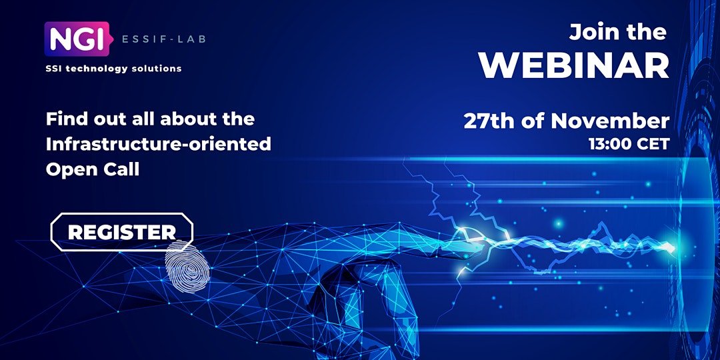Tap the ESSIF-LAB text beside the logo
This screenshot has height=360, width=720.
[x=163, y=39]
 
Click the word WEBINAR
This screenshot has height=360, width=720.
[x=574, y=66]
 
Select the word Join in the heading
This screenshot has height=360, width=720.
[x=591, y=32]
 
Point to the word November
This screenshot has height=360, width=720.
[x=610, y=121]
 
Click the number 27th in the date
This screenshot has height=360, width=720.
[x=490, y=121]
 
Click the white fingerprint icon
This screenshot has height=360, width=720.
[x=187, y=266]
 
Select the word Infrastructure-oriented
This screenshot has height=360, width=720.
[x=159, y=144]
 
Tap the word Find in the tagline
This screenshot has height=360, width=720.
[x=65, y=119]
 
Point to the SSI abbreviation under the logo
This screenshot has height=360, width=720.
[x=53, y=69]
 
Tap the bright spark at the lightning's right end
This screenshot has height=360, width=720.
[x=669, y=248]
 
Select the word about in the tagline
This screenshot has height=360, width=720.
[x=182, y=119]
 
